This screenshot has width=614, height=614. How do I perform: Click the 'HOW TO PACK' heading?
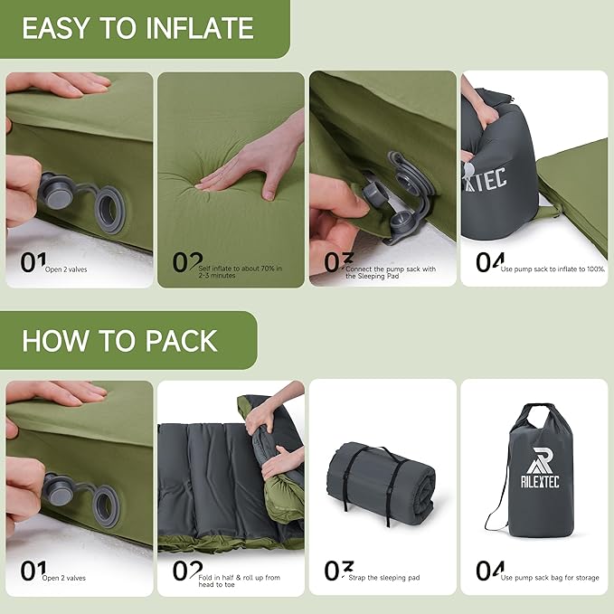119,341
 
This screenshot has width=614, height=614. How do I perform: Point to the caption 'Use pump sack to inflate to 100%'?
553,269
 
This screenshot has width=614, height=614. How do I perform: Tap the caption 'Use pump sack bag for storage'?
550,578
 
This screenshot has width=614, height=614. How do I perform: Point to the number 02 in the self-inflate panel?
186,262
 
